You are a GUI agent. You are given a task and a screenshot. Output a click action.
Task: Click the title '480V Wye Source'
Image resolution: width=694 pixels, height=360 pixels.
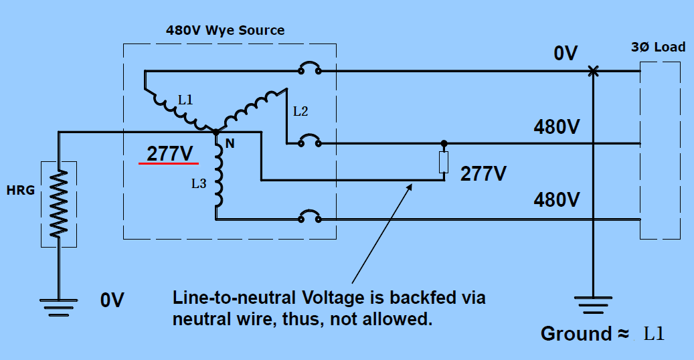(225, 30)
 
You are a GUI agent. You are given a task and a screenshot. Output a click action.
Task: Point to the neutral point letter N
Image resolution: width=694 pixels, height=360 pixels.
(230, 143)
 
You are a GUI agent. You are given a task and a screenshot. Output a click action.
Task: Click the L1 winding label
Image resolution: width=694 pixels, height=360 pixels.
(185, 101)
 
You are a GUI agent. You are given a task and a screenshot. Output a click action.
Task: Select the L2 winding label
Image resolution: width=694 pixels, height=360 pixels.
(300, 112)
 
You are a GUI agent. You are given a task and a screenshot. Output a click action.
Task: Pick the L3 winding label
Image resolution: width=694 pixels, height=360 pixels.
(199, 183)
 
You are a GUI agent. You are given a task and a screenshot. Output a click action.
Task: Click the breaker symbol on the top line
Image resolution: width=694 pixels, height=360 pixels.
(309, 69)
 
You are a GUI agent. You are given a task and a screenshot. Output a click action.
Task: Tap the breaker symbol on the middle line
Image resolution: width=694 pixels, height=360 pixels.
(309, 142)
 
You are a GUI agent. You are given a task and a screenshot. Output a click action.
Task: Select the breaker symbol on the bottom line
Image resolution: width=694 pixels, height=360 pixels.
(309, 217)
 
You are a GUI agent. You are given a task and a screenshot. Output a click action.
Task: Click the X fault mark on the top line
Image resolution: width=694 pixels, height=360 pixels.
(592, 70)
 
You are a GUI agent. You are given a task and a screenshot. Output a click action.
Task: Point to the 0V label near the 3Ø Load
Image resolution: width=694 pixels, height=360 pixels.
(565, 53)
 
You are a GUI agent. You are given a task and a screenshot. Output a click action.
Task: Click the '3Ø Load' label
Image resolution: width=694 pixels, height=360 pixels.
(659, 47)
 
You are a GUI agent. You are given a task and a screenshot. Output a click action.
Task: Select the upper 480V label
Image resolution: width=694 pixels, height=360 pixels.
(556, 126)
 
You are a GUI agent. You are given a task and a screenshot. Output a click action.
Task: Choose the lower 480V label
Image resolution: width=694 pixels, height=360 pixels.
(556, 199)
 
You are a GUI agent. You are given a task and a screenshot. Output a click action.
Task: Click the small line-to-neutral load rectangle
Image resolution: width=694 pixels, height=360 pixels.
(443, 163)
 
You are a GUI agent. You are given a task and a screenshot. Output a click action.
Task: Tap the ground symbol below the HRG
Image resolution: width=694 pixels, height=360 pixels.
(59, 306)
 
